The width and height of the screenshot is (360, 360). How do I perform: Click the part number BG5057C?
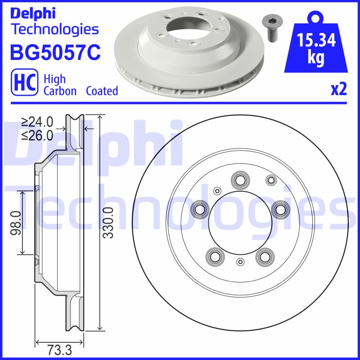tap(55, 52)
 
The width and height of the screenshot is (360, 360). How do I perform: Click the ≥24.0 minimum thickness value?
tap(37, 122)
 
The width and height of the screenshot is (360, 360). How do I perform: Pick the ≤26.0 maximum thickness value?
tap(37, 135)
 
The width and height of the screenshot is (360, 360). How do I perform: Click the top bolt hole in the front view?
tap(240, 180)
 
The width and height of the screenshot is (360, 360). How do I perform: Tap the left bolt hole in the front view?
tap(199, 208)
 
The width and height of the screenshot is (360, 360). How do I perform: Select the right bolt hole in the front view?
tap(280, 208)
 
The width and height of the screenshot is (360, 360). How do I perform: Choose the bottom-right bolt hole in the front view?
tap(264, 256)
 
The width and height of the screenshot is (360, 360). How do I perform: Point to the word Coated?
tap(102, 90)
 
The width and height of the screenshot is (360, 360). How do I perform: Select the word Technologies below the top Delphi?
tap(54, 30)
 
